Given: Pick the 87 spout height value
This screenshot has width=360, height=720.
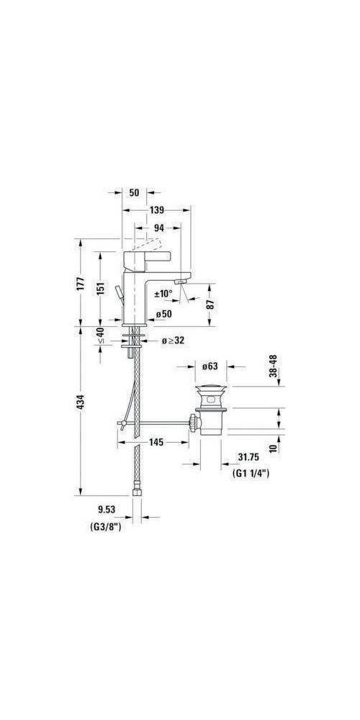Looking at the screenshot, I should point(210,303).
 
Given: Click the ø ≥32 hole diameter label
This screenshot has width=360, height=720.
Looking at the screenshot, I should point(173,340).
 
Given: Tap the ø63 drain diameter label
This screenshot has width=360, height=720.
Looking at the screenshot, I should point(210,367).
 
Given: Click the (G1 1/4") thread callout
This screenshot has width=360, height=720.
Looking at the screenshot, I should point(251,474).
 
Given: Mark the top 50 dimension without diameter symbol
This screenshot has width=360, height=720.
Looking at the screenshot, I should point(135,192).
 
